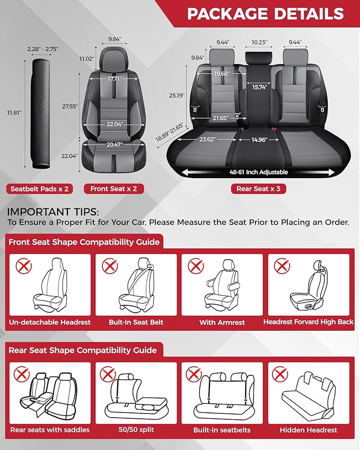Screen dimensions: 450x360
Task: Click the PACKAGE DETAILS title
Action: point(265,14)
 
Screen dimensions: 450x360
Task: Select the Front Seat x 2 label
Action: point(115,189)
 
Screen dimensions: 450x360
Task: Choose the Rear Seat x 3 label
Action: point(258,189)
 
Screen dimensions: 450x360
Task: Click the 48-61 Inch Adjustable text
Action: point(259,172)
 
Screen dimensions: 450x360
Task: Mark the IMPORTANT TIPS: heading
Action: point(49,212)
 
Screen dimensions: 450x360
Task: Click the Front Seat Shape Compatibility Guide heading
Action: point(84,242)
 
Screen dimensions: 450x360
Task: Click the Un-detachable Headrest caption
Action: point(50,322)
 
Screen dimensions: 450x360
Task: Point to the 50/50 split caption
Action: point(136,430)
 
